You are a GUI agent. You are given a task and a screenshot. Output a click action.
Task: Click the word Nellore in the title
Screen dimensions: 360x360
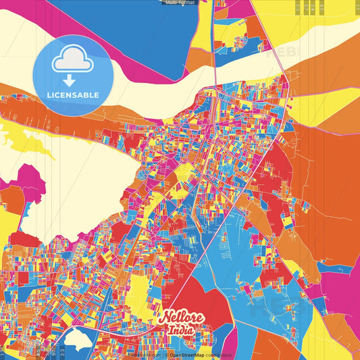(179, 318)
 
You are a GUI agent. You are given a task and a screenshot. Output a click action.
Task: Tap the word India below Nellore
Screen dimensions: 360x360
(180, 331)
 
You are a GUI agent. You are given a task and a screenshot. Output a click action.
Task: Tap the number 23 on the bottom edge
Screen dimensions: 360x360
(63, 351)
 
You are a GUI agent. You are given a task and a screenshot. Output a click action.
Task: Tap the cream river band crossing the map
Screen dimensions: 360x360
(169, 84)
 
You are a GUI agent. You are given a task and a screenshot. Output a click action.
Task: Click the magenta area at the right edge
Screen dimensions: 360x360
(344, 284)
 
